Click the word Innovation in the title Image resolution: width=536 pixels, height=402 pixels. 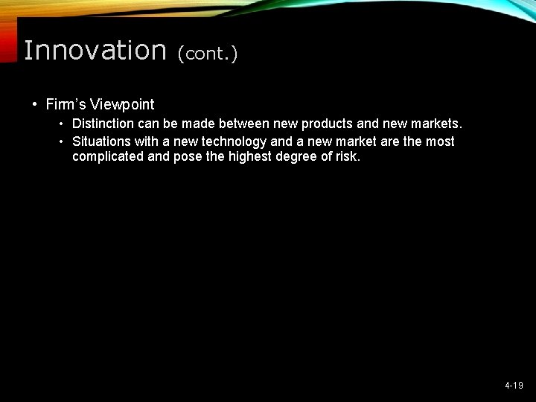point(95,51)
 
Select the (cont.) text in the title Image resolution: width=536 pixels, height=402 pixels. point(207,54)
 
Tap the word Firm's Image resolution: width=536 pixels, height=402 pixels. point(66,104)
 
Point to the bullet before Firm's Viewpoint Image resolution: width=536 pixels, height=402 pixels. point(34,104)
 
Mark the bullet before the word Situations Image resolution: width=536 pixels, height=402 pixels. point(63,141)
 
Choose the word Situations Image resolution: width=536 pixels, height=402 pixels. point(100,141)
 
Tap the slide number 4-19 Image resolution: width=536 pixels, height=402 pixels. point(514,386)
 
